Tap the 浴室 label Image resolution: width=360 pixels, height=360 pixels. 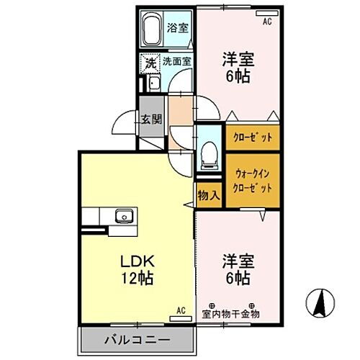pos(177,28)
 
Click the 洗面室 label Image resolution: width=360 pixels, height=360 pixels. pos(177,62)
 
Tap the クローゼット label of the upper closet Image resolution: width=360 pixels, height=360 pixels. pos(253,136)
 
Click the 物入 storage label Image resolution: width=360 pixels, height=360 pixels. pos(209,195)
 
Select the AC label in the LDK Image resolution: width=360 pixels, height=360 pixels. pos(181,310)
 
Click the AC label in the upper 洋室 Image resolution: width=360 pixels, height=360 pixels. pos(266,22)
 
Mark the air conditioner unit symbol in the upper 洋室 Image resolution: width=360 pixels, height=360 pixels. pos(266,13)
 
